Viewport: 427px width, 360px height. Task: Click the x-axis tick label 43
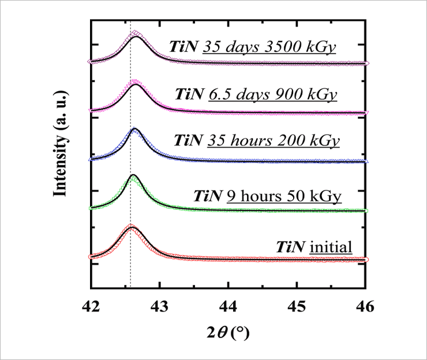point(160,305)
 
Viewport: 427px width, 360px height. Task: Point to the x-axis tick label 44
point(229,305)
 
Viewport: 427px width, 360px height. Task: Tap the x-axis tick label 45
point(297,305)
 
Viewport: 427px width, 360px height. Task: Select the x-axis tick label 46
point(366,305)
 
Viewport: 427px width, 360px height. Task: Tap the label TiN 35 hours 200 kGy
point(257,141)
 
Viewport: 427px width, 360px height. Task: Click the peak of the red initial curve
point(131,226)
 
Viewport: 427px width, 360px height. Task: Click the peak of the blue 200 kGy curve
point(135,129)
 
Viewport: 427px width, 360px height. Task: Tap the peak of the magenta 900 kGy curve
point(135,81)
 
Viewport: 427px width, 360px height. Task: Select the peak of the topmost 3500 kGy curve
point(135,33)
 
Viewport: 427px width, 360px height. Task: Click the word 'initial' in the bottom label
point(331,247)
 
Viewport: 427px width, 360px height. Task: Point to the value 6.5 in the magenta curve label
point(216,93)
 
